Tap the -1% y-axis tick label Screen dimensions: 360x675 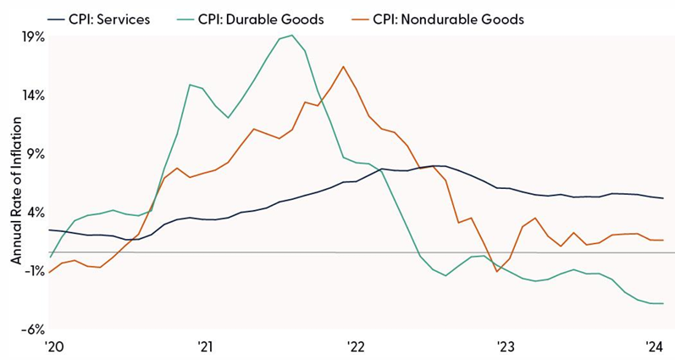pyautogui.click(x=33, y=271)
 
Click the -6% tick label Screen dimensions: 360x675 pyautogui.click(x=33, y=330)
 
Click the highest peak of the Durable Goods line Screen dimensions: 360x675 pyautogui.click(x=292, y=36)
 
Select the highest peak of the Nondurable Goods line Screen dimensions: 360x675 pyautogui.click(x=343, y=66)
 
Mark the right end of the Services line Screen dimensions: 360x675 pyautogui.click(x=663, y=198)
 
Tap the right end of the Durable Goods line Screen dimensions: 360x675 pyautogui.click(x=663, y=303)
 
